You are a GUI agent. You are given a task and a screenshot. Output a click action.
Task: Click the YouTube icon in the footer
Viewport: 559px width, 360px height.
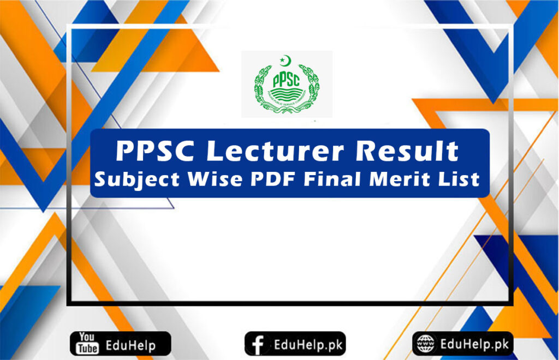click(87, 344)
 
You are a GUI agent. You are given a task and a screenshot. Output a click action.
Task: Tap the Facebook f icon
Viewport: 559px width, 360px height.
click(258, 344)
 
